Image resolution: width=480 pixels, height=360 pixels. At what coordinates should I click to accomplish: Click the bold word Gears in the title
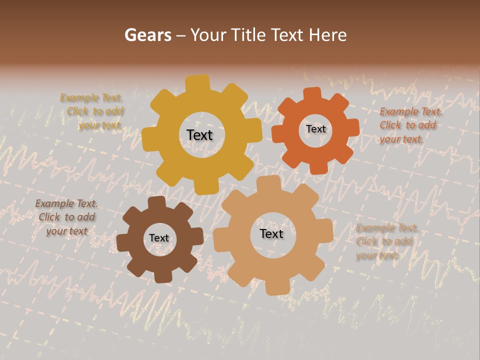148,35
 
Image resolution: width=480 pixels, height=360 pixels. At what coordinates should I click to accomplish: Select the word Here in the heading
327,35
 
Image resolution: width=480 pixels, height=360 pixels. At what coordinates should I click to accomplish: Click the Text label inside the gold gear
199,135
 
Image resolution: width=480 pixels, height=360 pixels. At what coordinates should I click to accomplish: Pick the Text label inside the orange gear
315,129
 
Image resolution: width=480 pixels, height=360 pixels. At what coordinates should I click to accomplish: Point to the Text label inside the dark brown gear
159,238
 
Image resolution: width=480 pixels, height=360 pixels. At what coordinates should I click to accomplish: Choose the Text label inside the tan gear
271,233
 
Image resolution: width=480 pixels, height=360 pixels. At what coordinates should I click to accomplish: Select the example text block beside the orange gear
410,125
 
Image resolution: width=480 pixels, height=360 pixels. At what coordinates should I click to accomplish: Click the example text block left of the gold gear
92,111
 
